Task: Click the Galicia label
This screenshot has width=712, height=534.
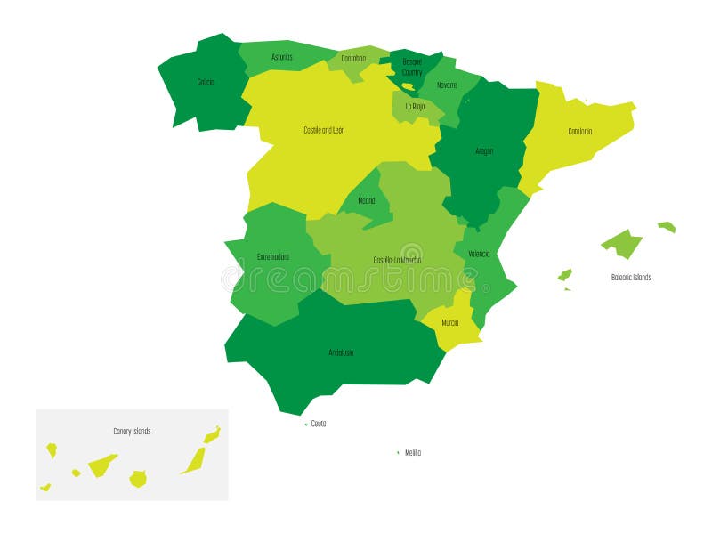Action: click(x=206, y=82)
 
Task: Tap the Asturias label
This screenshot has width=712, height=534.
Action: click(x=282, y=57)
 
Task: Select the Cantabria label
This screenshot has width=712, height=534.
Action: click(x=352, y=59)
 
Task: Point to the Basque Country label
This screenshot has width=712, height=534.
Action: click(x=412, y=68)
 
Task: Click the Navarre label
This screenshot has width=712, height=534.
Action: click(x=447, y=85)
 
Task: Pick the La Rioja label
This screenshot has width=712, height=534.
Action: click(x=415, y=106)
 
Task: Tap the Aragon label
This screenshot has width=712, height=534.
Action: click(x=483, y=151)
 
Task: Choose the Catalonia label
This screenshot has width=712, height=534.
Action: click(x=580, y=132)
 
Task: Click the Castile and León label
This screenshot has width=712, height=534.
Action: click(x=324, y=130)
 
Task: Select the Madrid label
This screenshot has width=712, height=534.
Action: click(x=367, y=201)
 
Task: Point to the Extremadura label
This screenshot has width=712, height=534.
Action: click(x=273, y=257)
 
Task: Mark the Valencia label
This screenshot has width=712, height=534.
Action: click(x=479, y=254)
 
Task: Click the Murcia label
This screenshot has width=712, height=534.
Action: click(x=450, y=322)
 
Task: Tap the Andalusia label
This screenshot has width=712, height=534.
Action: click(x=341, y=352)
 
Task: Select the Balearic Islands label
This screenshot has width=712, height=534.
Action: click(x=631, y=278)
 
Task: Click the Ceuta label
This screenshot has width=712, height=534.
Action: click(x=319, y=424)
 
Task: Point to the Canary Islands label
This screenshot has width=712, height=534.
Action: click(x=132, y=432)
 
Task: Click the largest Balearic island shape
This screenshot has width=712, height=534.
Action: click(x=621, y=243)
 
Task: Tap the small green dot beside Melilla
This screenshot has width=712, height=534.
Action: click(x=398, y=452)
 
